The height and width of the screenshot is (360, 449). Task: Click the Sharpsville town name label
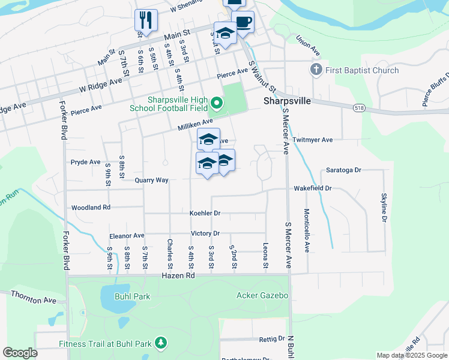click(x=287, y=101)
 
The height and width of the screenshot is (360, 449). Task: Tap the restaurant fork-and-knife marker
click(x=146, y=20)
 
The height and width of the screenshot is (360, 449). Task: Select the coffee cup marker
click(x=243, y=22)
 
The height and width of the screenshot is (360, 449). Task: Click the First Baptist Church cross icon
click(x=316, y=70)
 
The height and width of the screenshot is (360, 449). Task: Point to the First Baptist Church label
click(x=362, y=70)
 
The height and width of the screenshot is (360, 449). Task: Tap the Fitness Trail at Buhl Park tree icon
click(x=160, y=343)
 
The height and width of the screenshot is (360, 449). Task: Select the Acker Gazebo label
click(x=262, y=295)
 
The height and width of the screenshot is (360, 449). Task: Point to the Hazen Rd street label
click(x=178, y=275)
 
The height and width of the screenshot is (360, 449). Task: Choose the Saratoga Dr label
click(x=343, y=170)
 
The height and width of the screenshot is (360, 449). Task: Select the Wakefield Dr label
click(x=312, y=188)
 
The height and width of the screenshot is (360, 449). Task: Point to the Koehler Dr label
click(x=205, y=213)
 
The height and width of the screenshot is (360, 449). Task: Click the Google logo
click(x=20, y=352)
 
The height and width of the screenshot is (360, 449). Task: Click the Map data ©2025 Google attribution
click(x=411, y=355)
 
